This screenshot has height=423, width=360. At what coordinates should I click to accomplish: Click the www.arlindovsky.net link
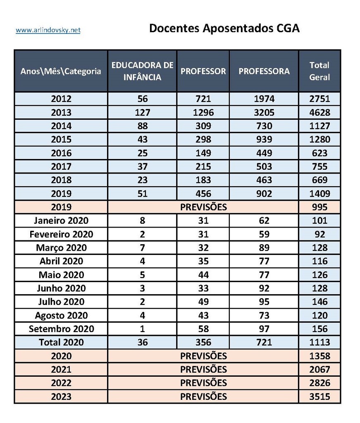point(48,30)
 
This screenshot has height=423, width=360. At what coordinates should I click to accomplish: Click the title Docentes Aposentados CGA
point(224,28)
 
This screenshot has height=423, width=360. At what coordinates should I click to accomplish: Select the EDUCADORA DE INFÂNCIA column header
point(142,71)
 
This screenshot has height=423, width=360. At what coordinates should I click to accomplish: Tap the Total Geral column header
point(319,71)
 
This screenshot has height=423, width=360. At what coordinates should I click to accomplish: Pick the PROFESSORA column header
point(264,71)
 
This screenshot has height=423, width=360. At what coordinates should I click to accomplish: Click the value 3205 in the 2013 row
point(264,112)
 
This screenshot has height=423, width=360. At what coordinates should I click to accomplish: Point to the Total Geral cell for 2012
point(319,99)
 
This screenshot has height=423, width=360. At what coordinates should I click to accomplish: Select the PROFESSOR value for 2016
point(203,153)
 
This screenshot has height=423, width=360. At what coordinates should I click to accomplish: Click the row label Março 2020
point(61,247)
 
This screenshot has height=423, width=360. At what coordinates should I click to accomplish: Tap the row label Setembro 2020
point(61,329)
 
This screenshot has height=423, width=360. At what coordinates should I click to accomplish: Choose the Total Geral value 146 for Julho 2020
point(319,302)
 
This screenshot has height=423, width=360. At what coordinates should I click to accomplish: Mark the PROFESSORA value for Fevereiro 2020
point(264,234)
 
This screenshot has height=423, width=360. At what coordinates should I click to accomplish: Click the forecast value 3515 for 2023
point(319,397)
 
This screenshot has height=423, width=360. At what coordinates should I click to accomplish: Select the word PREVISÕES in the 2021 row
point(203,369)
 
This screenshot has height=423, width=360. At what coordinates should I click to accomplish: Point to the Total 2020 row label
point(61,342)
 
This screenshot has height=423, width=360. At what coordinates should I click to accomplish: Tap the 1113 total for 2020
point(319,342)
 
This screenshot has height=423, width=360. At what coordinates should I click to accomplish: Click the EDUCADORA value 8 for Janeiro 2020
point(142,221)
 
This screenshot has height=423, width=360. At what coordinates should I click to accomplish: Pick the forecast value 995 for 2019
point(319,207)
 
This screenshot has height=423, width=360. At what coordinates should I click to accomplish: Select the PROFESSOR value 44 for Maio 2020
point(203,275)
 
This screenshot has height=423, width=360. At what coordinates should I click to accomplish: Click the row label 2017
point(61,166)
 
